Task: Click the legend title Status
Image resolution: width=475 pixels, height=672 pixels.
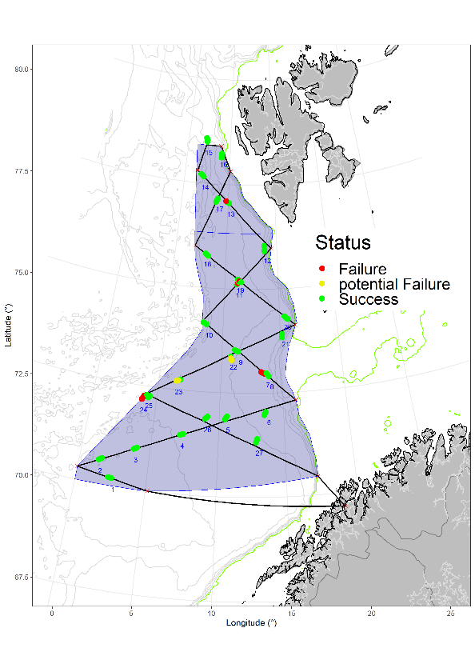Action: tap(342, 242)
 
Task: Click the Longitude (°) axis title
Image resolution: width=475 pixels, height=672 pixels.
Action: tap(252, 623)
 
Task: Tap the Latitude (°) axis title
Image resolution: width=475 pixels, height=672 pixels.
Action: tap(8, 328)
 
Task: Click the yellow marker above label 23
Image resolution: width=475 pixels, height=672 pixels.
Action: tap(178, 380)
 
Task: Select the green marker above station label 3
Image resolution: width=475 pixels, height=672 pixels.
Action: tap(136, 448)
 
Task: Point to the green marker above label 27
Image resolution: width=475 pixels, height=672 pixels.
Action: tap(257, 440)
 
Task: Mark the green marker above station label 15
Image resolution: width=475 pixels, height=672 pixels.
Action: tap(208, 140)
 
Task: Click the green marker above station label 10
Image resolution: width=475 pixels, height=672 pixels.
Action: tap(206, 324)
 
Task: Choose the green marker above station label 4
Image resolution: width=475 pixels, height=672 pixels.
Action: tap(182, 434)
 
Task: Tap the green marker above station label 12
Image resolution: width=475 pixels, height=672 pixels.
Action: tap(265, 249)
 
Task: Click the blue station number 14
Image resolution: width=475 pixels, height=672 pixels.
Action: tap(206, 187)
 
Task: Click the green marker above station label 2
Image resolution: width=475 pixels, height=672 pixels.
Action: tap(101, 458)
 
